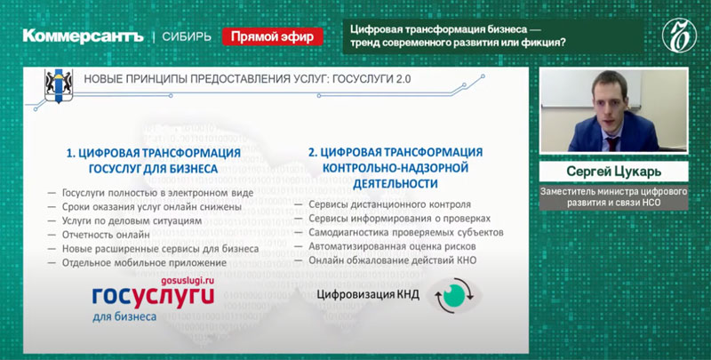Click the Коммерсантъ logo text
pyautogui.click(x=84, y=36)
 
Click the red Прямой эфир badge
pyautogui.click(x=273, y=36)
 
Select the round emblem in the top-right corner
pyautogui.click(x=679, y=36)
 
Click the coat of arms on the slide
pyautogui.click(x=59, y=85)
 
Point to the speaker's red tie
pyautogui.click(x=612, y=143)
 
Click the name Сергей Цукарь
pyautogui.click(x=613, y=172)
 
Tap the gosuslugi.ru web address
pyautogui.click(x=188, y=281)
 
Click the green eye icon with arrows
pyautogui.click(x=454, y=295)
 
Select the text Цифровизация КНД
pyautogui.click(x=368, y=295)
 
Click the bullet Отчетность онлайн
pyautogui.click(x=106, y=235)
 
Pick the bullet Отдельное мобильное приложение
pyautogui.click(x=144, y=263)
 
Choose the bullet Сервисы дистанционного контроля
pyautogui.click(x=389, y=204)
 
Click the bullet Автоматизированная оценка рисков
pyautogui.click(x=392, y=246)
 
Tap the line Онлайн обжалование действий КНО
pyautogui.click(x=393, y=260)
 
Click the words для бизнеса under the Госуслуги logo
pyautogui.click(x=124, y=317)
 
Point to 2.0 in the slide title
pyautogui.click(x=403, y=79)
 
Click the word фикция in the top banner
pyautogui.click(x=541, y=44)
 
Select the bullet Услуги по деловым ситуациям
pyautogui.click(x=131, y=220)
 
